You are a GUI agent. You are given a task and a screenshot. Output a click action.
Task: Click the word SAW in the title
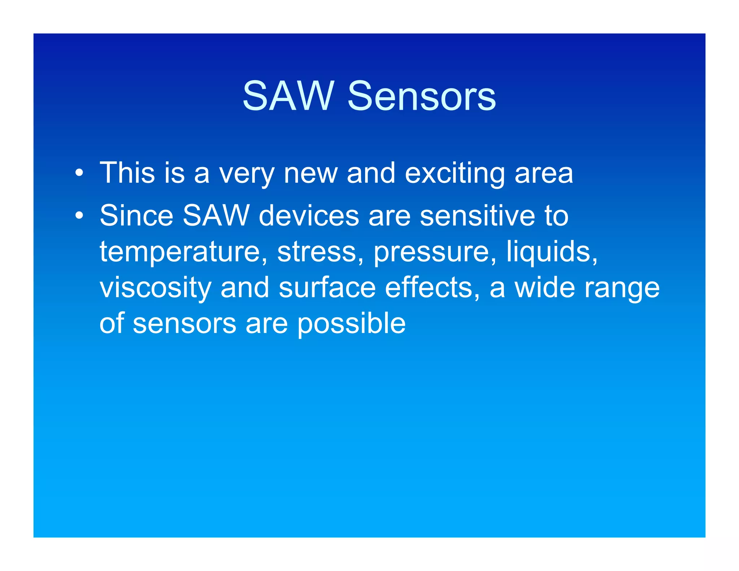[288, 96]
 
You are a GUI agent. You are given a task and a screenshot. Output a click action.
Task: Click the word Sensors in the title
[421, 96]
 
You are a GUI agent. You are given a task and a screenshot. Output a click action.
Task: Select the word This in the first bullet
[127, 173]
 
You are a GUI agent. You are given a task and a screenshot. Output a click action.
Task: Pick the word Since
[136, 215]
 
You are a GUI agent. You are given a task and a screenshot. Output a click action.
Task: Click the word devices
[309, 215]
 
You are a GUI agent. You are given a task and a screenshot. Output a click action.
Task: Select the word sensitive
[477, 215]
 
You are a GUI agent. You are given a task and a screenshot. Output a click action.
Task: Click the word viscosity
[156, 288]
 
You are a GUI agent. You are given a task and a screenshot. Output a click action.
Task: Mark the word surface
[327, 287]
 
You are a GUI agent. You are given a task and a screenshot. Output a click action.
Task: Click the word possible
[351, 324]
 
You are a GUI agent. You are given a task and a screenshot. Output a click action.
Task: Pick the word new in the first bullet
[311, 174]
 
